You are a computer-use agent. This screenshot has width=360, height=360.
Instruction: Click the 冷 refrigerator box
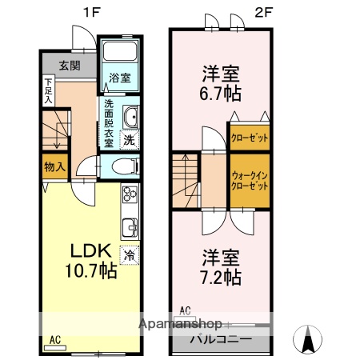point(128,256)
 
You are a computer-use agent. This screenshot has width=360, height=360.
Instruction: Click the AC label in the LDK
point(54,339)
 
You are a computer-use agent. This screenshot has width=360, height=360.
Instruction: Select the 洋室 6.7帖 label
point(220,82)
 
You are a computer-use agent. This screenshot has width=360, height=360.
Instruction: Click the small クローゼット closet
point(250,138)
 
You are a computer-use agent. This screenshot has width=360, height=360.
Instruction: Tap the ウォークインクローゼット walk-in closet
point(250,179)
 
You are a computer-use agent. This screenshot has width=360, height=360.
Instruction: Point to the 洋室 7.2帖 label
point(220,268)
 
